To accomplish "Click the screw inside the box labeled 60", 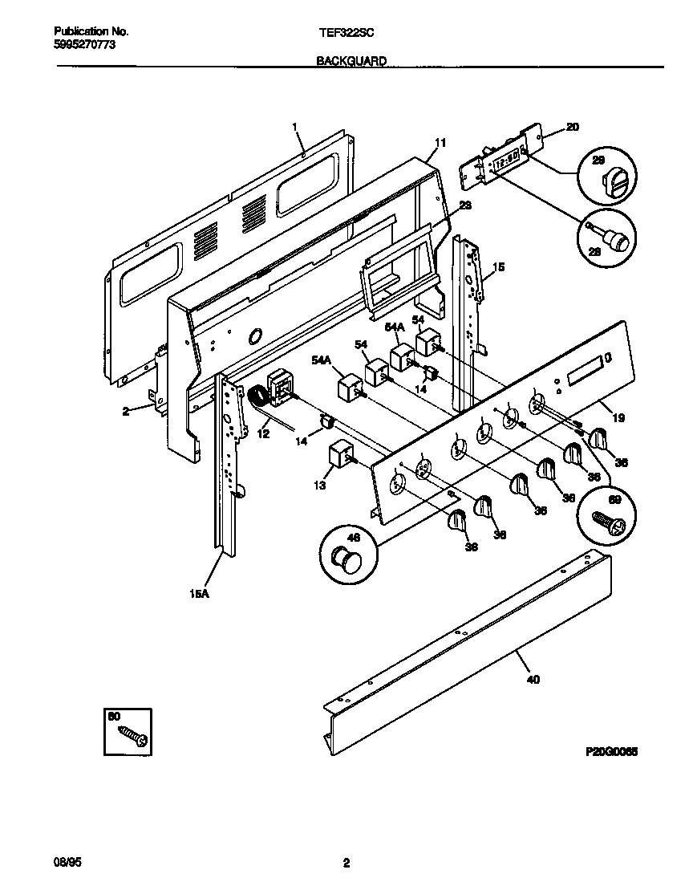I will pos(131,734).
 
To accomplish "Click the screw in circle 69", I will pos(606,518).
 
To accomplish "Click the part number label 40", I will pos(533,680).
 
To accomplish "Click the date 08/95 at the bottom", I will pos(68,863).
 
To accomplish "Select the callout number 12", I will pos(263,433).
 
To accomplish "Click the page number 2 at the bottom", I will pos(346,864).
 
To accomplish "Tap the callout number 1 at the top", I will pos(295,127).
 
